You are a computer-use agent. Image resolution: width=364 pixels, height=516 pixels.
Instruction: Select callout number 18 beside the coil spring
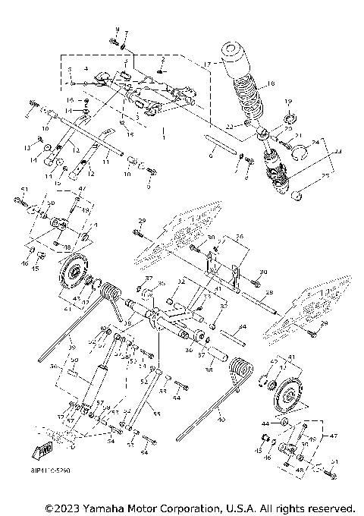point(271,83)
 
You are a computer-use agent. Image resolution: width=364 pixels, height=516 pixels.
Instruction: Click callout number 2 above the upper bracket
point(162,58)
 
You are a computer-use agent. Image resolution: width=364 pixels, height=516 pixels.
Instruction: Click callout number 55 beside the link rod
point(157,414)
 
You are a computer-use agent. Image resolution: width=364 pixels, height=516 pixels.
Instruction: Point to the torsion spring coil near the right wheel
point(241,371)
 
